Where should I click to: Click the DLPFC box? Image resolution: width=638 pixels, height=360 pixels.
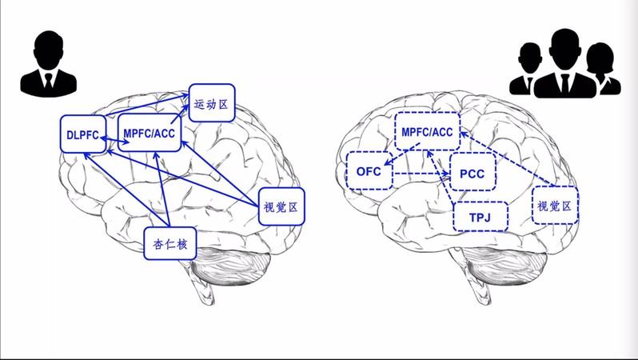83,134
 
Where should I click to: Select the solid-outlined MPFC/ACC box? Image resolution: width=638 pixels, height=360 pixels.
150,134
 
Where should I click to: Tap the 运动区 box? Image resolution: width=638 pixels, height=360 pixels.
212,103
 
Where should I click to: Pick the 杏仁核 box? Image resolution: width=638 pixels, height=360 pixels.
169,244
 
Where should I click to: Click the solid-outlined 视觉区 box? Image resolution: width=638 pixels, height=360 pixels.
281,206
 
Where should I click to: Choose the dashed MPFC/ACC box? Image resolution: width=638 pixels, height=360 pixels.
427,132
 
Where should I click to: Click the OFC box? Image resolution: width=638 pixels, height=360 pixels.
369,171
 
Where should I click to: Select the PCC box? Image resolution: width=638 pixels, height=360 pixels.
473,174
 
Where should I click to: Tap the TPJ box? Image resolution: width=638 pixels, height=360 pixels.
480,217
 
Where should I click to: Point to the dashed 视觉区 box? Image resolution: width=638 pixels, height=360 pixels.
555,206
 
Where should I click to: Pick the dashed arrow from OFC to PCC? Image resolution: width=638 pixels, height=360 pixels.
421,173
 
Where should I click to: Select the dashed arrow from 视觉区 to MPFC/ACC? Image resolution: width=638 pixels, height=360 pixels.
507,159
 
